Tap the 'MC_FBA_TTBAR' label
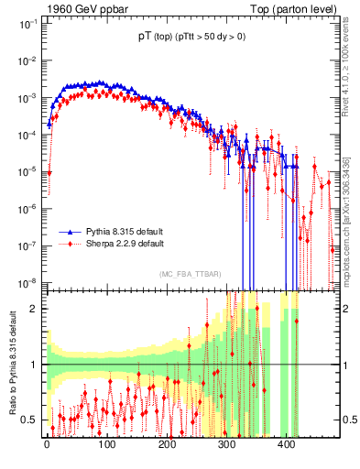(x=190, y=275)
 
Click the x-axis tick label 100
(x=107, y=445)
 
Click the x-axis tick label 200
(x=167, y=445)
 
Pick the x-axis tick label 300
(x=226, y=445)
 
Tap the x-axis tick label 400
(x=286, y=445)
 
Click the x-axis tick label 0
(x=48, y=445)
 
